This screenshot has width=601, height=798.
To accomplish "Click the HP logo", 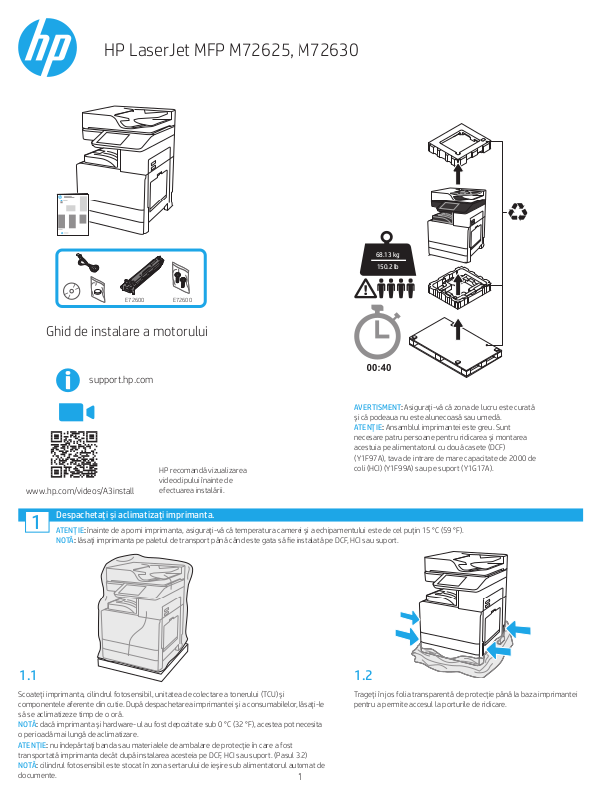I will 47,47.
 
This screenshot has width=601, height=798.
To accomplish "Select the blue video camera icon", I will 75,413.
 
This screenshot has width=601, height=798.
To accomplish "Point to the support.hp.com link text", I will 120,380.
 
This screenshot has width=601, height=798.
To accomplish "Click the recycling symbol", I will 520,211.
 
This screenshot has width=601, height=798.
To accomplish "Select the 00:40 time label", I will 378,368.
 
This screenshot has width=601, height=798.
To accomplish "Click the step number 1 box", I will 34,523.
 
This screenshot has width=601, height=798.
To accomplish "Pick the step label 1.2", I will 363,674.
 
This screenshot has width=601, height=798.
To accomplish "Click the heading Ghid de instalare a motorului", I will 133,330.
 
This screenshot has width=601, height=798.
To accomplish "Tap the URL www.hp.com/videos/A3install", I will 79,491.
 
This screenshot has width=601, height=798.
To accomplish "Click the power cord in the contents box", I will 88,264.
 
